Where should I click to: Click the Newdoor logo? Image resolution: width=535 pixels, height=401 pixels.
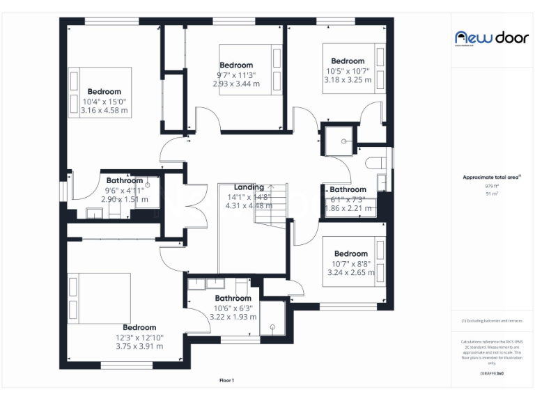pyautogui.click(x=492, y=38)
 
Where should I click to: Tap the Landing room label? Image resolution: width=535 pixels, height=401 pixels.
pyautogui.click(x=249, y=187)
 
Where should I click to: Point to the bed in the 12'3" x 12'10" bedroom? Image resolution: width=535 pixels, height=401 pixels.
pyautogui.click(x=99, y=298)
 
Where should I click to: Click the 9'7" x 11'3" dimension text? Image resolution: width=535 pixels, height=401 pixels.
pyautogui.click(x=236, y=74)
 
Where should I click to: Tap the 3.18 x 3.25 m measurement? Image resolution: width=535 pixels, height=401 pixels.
pyautogui.click(x=348, y=79)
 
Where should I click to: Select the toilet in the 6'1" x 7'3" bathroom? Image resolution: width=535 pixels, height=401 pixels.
pyautogui.click(x=374, y=162)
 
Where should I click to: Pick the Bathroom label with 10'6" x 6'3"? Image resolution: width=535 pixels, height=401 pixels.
pyautogui.click(x=233, y=299)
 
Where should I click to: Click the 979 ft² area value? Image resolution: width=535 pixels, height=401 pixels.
pyautogui.click(x=492, y=186)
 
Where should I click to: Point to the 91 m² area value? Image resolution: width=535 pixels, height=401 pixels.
pyautogui.click(x=492, y=194)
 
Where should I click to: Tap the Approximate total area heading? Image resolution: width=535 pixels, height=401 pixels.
pyautogui.click(x=491, y=178)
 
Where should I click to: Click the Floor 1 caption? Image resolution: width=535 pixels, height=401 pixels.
pyautogui.click(x=226, y=380)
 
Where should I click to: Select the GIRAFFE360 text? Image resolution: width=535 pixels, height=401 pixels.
pyautogui.click(x=492, y=375)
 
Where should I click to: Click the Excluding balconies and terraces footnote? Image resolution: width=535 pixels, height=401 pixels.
pyautogui.click(x=492, y=321)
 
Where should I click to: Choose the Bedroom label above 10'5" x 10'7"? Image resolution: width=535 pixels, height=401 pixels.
pyautogui.click(x=348, y=61)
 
